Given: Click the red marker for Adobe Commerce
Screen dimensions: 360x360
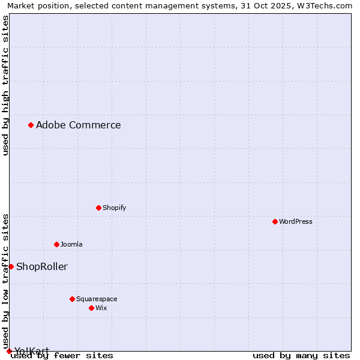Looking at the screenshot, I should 31,125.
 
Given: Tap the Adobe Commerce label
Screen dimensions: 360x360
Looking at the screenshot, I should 78,125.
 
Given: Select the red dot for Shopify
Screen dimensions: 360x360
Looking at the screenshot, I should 98,208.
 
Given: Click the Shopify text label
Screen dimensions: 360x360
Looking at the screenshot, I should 114,208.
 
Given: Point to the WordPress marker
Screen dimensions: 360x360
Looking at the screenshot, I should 275,221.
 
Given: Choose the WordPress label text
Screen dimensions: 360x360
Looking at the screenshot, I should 295,222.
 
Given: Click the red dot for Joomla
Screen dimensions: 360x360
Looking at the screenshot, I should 56,244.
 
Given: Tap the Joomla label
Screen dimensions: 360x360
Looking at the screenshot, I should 71,245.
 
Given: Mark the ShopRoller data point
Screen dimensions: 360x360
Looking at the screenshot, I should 11,266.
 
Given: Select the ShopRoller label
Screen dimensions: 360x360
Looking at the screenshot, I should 41,267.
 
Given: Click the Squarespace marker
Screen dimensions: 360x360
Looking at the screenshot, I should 72,299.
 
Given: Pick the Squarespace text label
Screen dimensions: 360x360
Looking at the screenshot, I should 97,299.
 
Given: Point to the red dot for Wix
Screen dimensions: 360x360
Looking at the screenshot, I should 91,308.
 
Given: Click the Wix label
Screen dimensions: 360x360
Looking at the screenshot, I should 101,308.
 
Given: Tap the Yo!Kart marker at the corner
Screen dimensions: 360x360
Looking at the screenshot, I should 9,351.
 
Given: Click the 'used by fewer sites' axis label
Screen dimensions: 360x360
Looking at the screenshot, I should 62,356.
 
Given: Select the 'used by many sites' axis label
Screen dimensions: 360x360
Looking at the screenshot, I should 301,356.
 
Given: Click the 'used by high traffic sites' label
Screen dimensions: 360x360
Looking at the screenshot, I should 5,85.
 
